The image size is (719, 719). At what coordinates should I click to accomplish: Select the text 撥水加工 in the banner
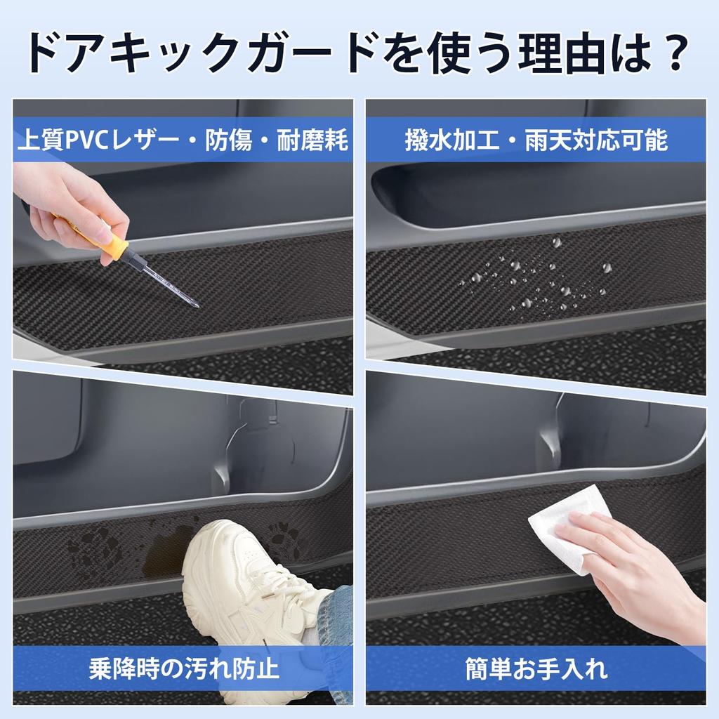pos(451,140)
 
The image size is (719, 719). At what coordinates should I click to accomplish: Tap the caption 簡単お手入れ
pos(536,668)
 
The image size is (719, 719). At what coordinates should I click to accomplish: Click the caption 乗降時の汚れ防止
pos(184,668)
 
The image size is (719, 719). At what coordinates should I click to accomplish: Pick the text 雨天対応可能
pos(595,140)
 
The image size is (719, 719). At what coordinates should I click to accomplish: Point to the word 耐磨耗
pos(312,140)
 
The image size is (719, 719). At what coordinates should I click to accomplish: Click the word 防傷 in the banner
pos(228,140)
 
